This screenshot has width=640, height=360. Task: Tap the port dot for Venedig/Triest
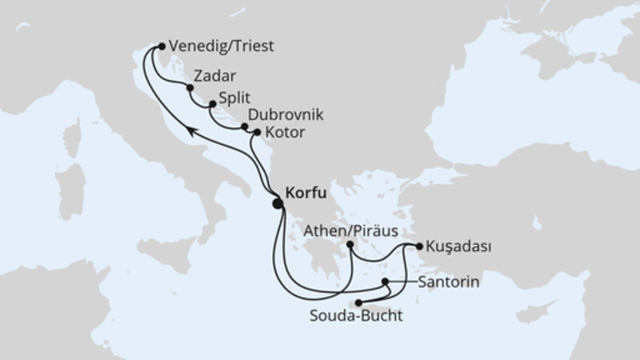(162, 46)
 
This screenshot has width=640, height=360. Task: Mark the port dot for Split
(212, 103)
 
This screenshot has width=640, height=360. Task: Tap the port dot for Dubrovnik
(244, 126)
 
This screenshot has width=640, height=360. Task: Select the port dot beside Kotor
(257, 131)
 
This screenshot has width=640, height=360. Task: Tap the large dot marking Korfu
(278, 204)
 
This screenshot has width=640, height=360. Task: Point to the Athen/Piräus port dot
(350, 246)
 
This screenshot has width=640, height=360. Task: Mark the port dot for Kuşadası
(418, 246)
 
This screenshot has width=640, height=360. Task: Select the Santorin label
(445, 282)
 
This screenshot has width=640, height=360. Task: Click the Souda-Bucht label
(355, 316)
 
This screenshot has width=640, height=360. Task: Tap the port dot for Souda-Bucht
(359, 302)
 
